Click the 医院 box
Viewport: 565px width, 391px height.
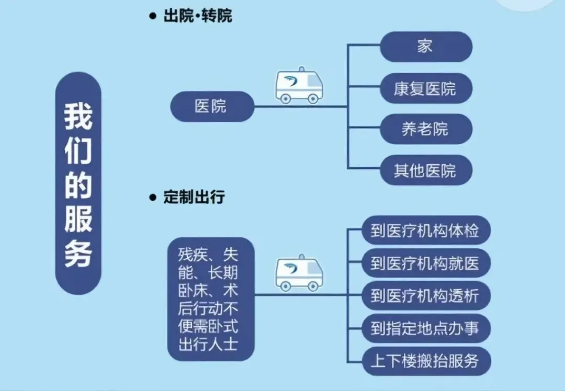[x=212, y=107]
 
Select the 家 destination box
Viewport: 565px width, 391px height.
[x=425, y=47]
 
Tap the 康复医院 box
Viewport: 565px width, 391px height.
[x=425, y=88]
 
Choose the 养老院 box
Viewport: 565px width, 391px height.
[x=425, y=129]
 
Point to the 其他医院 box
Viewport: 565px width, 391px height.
[x=425, y=170]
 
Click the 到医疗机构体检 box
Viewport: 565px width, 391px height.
[x=425, y=231]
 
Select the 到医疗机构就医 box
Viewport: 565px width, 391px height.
[x=425, y=263]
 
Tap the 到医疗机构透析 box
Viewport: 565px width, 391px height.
[x=425, y=295]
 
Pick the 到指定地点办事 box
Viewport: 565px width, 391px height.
[x=425, y=328]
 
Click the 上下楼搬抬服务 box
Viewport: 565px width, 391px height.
[x=425, y=361]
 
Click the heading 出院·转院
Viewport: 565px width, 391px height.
[x=198, y=16]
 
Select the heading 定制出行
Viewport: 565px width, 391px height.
[x=194, y=198]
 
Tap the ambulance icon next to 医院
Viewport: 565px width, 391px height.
[x=299, y=86]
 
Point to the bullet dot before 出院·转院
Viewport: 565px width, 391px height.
[x=153, y=16]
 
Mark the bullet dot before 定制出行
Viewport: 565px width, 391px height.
[x=153, y=198]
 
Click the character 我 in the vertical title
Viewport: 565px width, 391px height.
[x=78, y=116]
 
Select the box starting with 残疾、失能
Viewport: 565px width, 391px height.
[x=210, y=299]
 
